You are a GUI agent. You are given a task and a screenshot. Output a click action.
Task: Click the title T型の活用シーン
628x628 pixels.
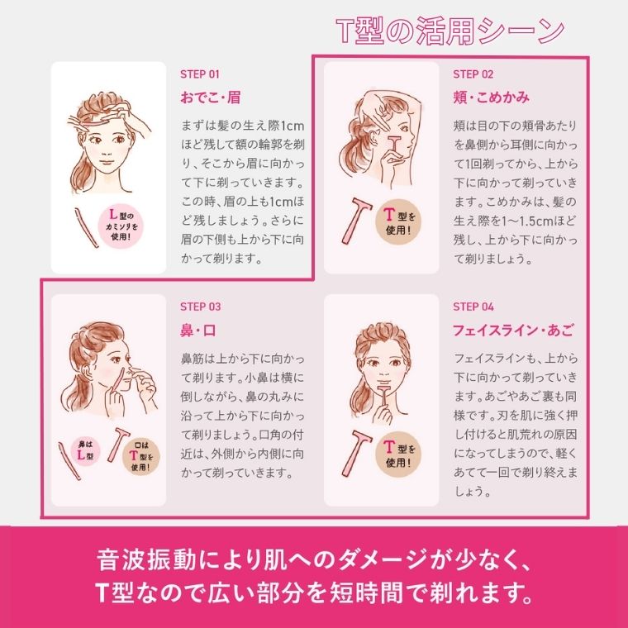pos(450,31)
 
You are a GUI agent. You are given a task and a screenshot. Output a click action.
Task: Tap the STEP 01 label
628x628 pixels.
pos(199,74)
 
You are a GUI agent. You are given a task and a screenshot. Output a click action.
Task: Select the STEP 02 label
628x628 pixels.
pos(473,74)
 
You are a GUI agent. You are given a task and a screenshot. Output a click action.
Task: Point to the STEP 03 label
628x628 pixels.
pos(200,307)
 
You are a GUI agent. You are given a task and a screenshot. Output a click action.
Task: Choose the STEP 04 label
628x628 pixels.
pos(473,307)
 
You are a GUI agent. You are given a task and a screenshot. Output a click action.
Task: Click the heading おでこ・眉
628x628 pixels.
pos(210,98)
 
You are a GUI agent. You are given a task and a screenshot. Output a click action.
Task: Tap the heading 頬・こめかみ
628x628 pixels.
pos(492,98)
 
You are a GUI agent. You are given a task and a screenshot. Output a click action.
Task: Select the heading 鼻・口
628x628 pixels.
pos(198,331)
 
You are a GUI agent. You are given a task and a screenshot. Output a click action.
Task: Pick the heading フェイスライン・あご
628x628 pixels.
pos(513,331)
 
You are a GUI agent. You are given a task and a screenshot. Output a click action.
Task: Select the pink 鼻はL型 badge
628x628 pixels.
pos(85,451)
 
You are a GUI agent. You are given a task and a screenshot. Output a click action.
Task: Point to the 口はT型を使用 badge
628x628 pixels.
pos(140,457)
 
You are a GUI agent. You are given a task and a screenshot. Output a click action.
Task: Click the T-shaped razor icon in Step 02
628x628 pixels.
pos(356,221)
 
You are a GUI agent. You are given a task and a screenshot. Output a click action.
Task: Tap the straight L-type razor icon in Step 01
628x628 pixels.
pos(87,227)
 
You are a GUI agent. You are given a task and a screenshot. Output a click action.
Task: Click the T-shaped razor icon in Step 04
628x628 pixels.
pos(356,453)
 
